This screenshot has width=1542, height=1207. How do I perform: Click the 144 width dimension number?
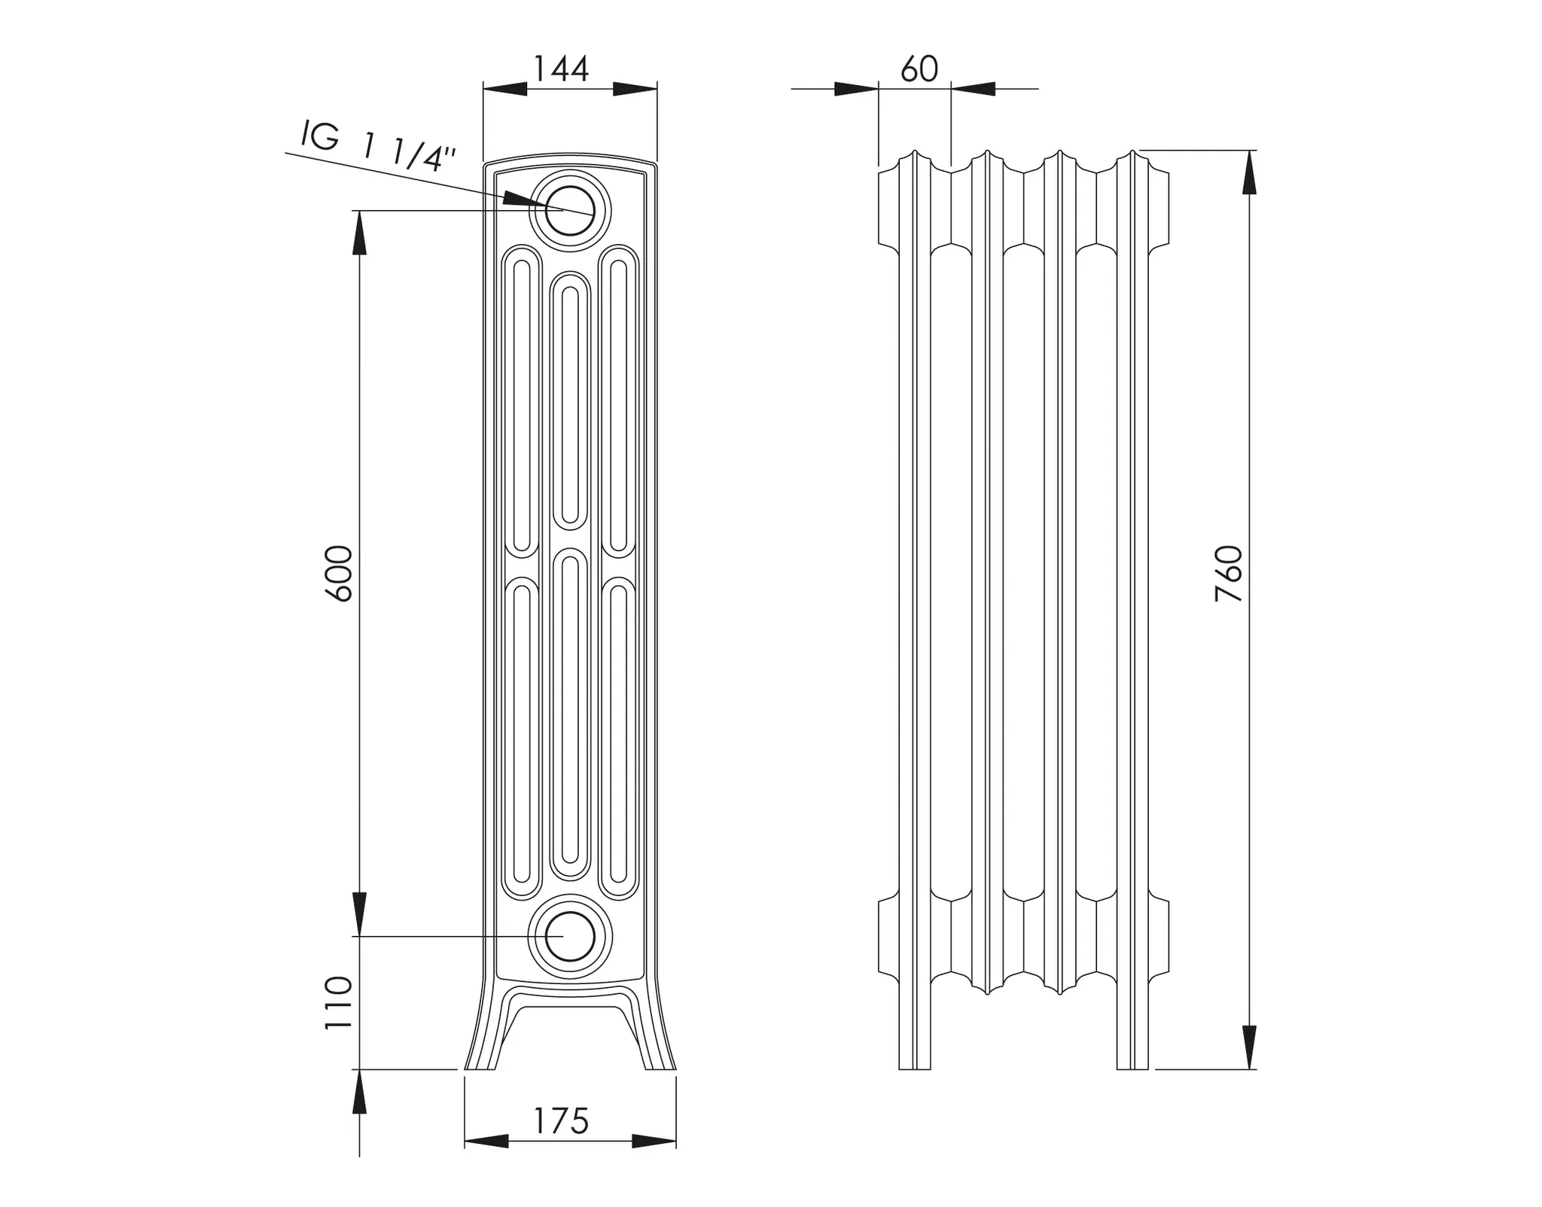point(561,69)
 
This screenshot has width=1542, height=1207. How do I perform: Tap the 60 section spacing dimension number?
point(919,69)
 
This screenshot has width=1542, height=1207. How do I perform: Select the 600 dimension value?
point(340,573)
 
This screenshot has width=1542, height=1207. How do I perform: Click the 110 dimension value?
point(338,1003)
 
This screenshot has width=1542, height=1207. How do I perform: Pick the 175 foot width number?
point(561,1121)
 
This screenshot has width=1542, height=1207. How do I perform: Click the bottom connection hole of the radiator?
point(570,936)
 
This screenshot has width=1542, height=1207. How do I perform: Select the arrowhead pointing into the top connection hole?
point(521,200)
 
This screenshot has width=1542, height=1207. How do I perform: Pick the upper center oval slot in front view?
point(570,399)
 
